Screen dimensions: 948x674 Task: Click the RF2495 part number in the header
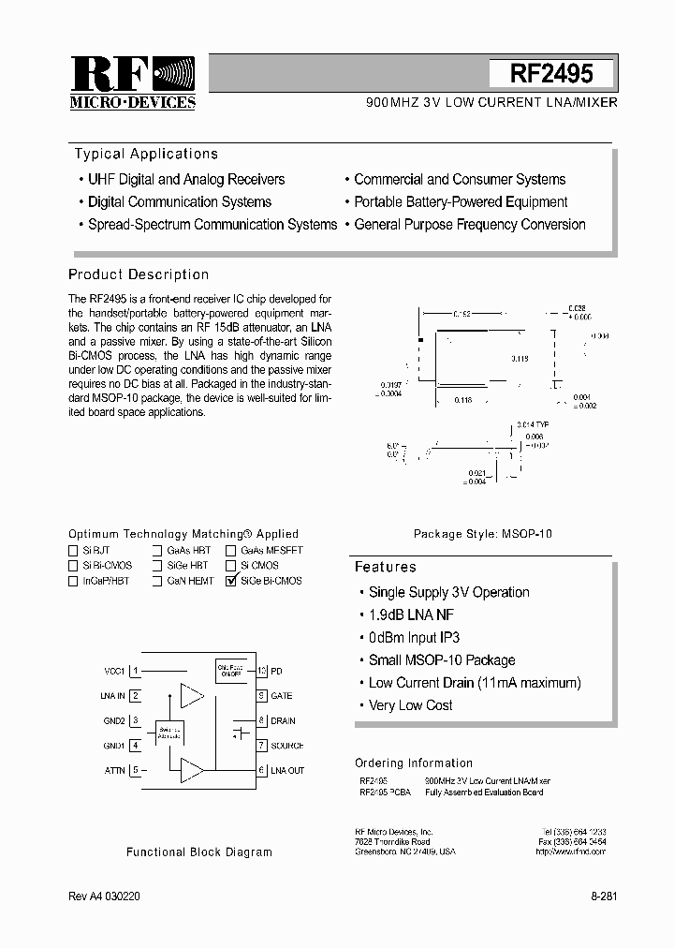[x=551, y=74]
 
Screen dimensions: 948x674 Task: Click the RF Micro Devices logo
[x=132, y=82]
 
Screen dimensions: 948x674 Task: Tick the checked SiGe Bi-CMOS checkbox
[x=230, y=581]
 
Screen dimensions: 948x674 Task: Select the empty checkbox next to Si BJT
[x=73, y=551]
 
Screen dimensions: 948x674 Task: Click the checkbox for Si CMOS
[x=230, y=566]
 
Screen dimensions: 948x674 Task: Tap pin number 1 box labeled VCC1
[x=136, y=671]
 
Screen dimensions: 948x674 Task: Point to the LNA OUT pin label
[x=288, y=770]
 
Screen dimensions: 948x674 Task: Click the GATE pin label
[x=282, y=696]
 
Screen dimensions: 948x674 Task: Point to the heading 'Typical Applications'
[x=146, y=154]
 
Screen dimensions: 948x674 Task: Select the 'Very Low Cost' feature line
[x=410, y=705]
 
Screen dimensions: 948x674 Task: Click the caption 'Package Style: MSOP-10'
[x=483, y=533]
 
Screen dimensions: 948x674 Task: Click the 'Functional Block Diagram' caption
[x=199, y=852]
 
